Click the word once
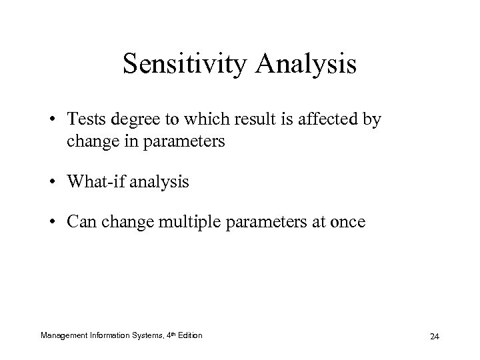[x=348, y=221]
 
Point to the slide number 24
[x=434, y=337]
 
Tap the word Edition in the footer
[x=189, y=335]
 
